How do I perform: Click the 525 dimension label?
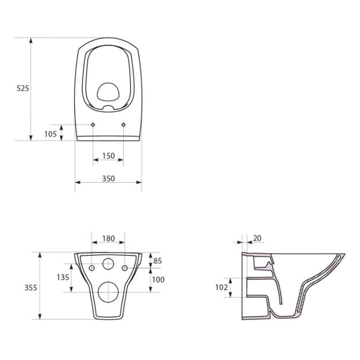(x=23, y=88)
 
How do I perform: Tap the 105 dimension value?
(x=50, y=134)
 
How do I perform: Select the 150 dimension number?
(x=108, y=156)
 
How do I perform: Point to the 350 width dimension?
(x=108, y=178)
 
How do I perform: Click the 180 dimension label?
(x=108, y=238)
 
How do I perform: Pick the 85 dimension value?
(x=157, y=261)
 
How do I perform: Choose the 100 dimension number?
(x=158, y=279)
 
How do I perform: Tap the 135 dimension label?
(x=63, y=277)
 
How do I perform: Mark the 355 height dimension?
(x=31, y=288)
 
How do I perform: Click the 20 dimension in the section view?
(x=257, y=238)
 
